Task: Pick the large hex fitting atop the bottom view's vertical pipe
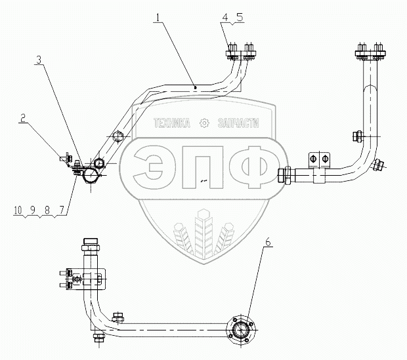tap(88, 247)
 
